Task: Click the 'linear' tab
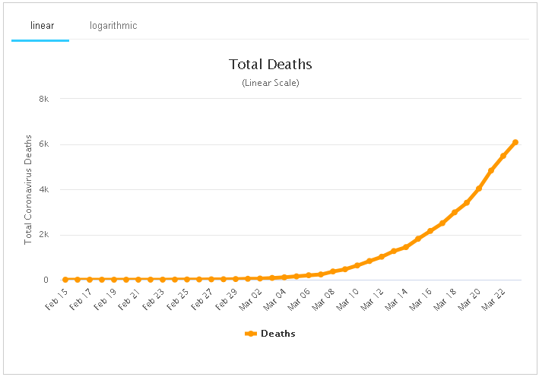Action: tap(42, 26)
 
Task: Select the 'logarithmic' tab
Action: tap(113, 26)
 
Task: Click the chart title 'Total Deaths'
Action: tap(271, 65)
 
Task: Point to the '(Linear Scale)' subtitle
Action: tap(271, 82)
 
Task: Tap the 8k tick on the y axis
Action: tap(44, 99)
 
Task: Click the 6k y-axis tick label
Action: tap(44, 144)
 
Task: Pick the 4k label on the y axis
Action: tap(44, 189)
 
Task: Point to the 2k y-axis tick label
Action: tap(44, 235)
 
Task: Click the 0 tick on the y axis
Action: tap(46, 280)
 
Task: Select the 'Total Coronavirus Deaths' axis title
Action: tap(29, 189)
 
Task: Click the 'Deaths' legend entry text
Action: tap(278, 334)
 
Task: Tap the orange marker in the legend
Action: tap(251, 334)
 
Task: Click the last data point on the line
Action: tap(515, 142)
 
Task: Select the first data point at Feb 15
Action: tap(65, 280)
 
